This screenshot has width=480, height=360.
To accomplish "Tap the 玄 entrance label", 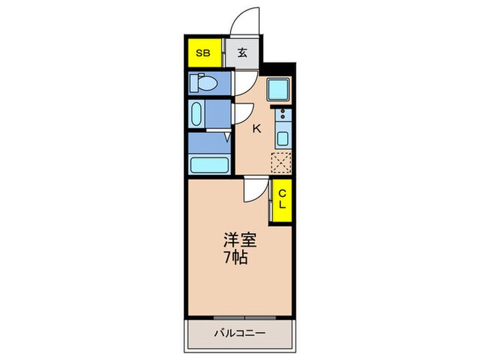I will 243,53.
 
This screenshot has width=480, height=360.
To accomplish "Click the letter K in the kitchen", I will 257,128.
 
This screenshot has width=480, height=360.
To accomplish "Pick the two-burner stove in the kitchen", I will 282,115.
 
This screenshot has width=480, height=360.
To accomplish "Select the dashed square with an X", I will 281,163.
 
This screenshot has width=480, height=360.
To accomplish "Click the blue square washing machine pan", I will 279,90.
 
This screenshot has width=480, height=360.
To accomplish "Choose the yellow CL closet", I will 281,200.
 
